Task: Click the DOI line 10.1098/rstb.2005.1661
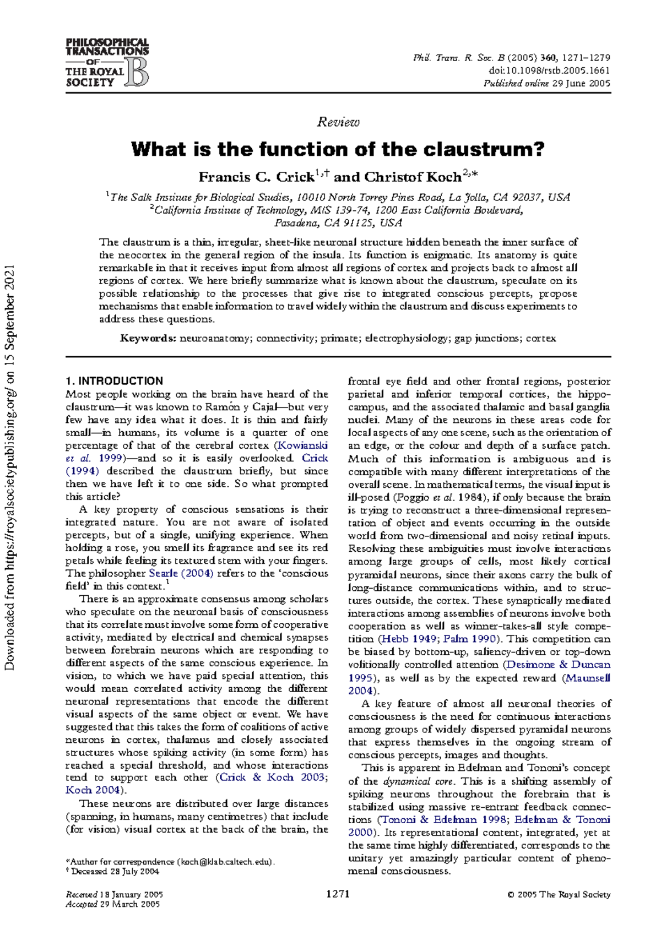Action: pos(549,70)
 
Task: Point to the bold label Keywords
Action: pos(148,339)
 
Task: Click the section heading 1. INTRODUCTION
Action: pos(114,381)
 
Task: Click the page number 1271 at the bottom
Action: pos(338,894)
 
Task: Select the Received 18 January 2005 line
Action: pos(114,894)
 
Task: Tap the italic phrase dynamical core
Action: pos(407,781)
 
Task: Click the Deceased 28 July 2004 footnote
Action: pos(115,871)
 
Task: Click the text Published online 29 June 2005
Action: pos(546,83)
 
